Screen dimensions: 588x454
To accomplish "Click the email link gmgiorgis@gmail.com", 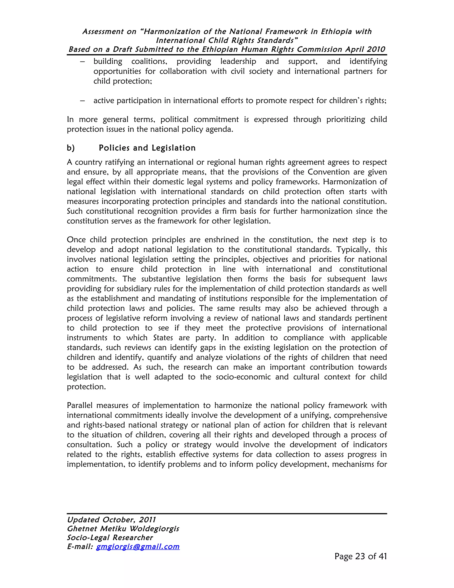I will tap(138, 546).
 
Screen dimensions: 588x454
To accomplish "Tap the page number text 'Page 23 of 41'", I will tap(360, 556).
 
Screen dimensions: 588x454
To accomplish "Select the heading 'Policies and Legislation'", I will tap(147, 148).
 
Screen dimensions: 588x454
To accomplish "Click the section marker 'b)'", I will tap(71, 148).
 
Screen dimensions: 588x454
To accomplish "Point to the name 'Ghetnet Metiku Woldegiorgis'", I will tap(123, 529).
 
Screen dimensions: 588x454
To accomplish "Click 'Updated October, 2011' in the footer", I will tap(111, 520).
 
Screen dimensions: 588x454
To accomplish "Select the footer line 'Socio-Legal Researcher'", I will tap(110, 537).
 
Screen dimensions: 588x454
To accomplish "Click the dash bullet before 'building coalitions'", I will tap(82, 61).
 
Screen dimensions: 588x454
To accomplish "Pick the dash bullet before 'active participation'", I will tap(82, 101).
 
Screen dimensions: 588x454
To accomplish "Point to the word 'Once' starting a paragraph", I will tap(76, 240).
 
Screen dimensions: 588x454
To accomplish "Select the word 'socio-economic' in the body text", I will tap(243, 377).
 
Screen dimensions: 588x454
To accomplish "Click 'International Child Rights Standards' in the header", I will tap(227, 40).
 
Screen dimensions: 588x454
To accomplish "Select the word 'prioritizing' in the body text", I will tap(346, 119).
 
